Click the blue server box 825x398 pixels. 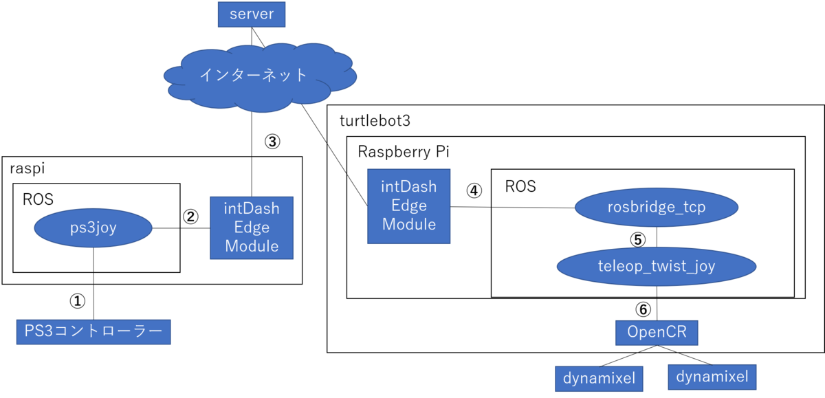[251, 14]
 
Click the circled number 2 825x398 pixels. [191, 217]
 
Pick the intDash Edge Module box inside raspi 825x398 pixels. [251, 228]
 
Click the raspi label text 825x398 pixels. [27, 169]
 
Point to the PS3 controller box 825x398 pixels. [93, 332]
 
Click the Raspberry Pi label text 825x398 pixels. [404, 152]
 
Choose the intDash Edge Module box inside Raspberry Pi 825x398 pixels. [409, 206]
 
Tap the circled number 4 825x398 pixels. [474, 190]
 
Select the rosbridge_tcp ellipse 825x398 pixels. [657, 208]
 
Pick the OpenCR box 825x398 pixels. [657, 332]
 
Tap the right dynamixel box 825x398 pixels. [712, 377]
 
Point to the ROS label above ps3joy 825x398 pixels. [38, 199]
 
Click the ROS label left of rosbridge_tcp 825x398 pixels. [520, 186]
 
